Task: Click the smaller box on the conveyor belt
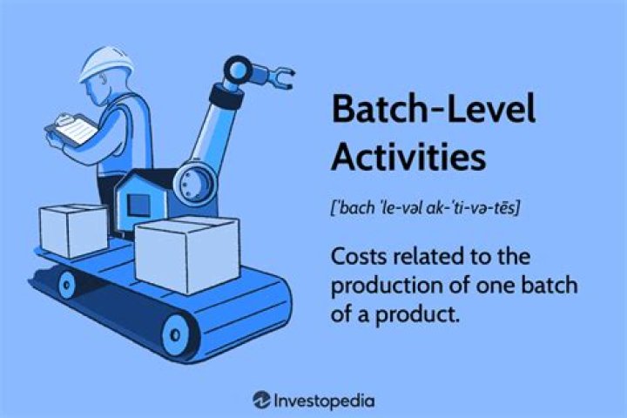[x=73, y=228]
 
